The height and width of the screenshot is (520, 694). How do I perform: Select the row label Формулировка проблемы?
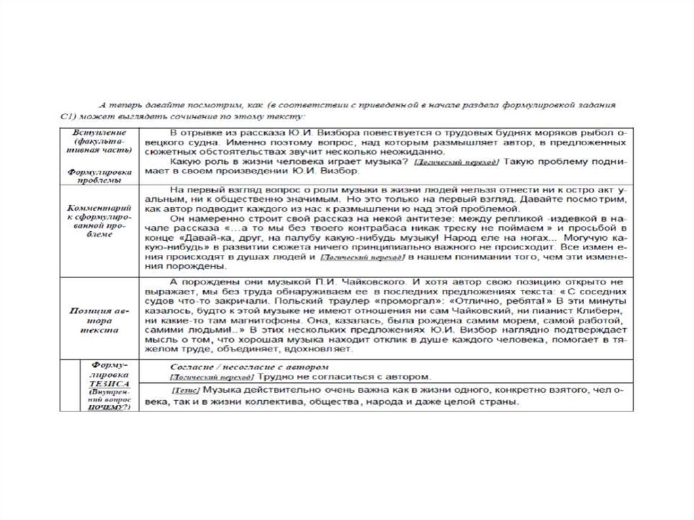(x=95, y=177)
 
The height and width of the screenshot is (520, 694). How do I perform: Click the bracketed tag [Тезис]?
(x=185, y=391)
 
